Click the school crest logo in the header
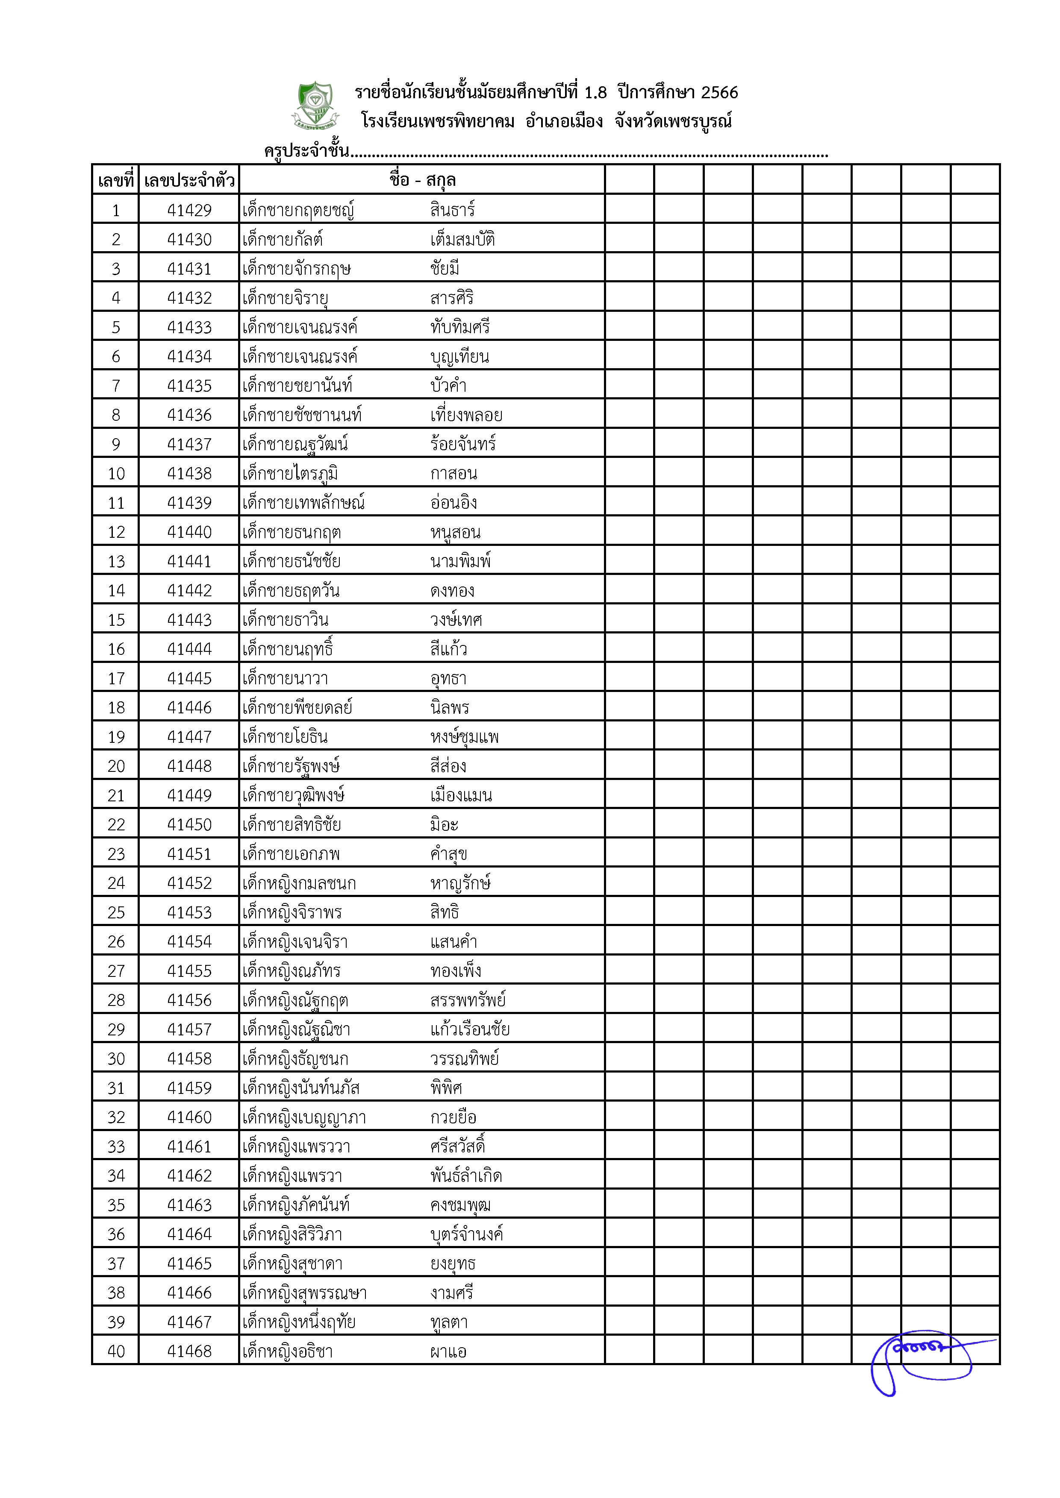click(315, 104)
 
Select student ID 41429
click(189, 210)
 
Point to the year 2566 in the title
click(719, 93)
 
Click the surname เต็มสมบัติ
click(462, 240)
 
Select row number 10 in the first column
click(116, 474)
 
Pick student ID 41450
click(189, 825)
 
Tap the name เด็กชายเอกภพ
click(291, 854)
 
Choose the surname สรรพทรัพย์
click(467, 1000)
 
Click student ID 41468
click(189, 1351)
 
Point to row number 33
click(116, 1146)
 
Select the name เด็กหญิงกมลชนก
click(299, 883)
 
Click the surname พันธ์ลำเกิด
click(465, 1176)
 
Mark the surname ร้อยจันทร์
click(463, 444)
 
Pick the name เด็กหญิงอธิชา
click(287, 1351)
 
